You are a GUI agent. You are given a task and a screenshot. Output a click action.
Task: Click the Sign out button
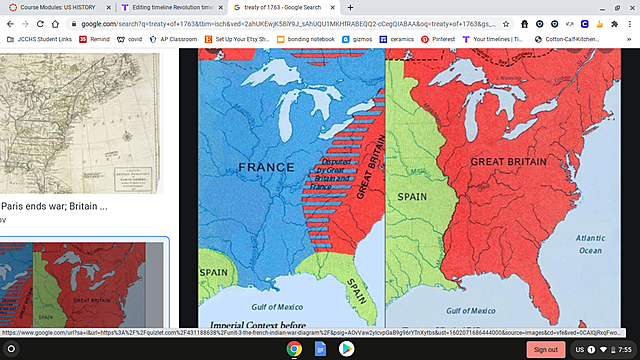click(x=545, y=349)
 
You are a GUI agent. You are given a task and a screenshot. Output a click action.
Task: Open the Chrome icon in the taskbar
click(x=294, y=349)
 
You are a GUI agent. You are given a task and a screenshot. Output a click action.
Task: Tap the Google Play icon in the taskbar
click(x=346, y=349)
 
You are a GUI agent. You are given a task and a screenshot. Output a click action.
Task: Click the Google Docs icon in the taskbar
click(x=320, y=349)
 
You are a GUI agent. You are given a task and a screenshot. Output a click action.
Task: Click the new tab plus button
click(x=350, y=7)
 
